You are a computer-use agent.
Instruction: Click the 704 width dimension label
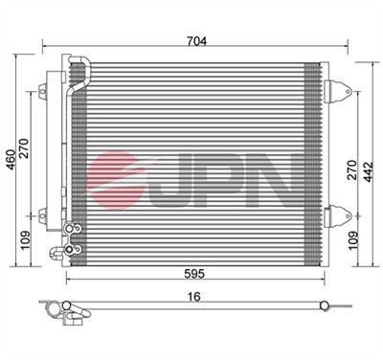tap(197, 41)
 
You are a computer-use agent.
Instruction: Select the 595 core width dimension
tap(194, 274)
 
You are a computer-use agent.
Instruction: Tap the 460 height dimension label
tap(11, 160)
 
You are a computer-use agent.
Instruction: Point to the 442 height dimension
tap(369, 172)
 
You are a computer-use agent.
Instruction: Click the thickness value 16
tap(194, 297)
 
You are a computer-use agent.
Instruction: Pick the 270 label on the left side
tap(24, 148)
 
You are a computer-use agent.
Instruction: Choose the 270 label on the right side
tap(351, 169)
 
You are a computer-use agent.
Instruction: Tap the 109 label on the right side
tap(353, 240)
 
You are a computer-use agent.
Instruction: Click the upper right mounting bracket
tap(337, 91)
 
